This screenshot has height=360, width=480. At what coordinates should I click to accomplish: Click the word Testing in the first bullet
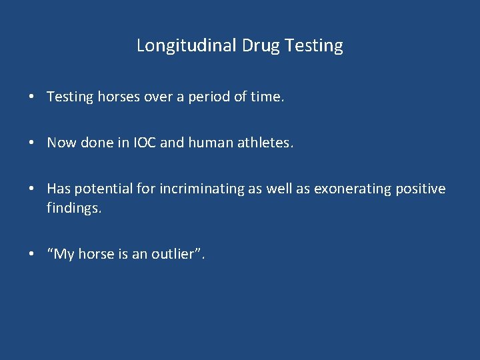[x=70, y=97]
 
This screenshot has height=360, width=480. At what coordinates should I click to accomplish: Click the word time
[x=267, y=97]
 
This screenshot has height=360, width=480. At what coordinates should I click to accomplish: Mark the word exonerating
[x=350, y=189]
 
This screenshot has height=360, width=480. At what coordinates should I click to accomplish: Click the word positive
[x=419, y=189]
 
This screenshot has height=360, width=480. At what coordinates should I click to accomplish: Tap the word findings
[x=74, y=209]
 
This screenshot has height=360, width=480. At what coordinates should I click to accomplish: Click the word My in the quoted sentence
[x=61, y=254]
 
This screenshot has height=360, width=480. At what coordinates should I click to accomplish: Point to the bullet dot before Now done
[x=32, y=143]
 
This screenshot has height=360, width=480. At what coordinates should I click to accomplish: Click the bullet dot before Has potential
[x=32, y=189]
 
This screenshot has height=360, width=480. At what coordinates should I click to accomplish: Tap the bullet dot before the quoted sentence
[x=32, y=255]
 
